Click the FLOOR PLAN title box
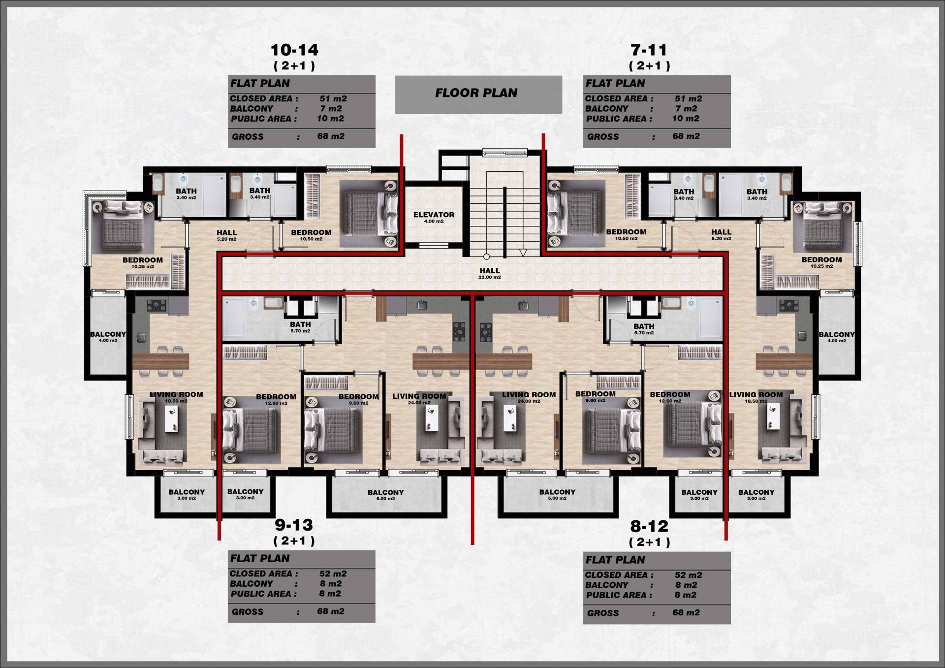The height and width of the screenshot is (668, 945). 478,95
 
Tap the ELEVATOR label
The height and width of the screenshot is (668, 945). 434,217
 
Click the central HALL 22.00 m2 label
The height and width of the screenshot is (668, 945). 490,273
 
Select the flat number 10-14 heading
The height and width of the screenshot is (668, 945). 294,50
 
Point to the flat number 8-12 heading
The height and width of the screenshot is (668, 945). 649,526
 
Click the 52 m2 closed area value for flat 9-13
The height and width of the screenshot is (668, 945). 333,573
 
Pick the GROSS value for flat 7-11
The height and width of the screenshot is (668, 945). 686,136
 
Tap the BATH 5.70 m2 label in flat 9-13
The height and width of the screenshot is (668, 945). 300,327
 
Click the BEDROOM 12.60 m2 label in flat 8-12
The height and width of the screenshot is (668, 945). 670,397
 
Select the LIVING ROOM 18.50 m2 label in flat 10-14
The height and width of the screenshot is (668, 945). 176,397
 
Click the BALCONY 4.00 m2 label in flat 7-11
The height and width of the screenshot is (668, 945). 837,337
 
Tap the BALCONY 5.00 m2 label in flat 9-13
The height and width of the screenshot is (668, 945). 385,495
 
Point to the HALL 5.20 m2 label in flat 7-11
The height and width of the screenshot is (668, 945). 721,234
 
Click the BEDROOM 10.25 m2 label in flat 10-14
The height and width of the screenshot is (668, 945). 143,262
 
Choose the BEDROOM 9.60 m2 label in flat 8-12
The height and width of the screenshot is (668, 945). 595,396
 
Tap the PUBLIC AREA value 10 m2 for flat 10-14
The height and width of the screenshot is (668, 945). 330,119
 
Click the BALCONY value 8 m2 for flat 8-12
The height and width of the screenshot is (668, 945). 686,585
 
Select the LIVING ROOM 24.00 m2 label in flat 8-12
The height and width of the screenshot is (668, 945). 529,397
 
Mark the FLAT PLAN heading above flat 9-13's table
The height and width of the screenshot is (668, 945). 260,558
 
